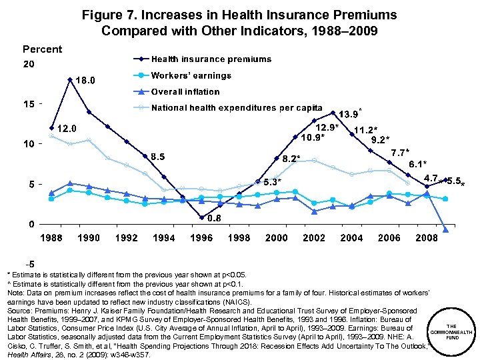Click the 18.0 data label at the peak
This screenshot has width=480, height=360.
(x=85, y=81)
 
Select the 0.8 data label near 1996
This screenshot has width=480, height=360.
(x=214, y=219)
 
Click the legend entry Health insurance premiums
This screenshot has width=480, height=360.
(x=211, y=59)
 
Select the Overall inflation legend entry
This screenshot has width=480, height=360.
(x=185, y=92)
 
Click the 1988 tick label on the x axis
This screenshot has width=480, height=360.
(x=51, y=238)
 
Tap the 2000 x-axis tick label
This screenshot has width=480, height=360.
(x=277, y=238)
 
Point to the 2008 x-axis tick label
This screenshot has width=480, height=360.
(x=427, y=238)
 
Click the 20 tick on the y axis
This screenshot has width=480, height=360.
(x=29, y=65)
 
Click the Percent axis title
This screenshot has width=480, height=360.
(x=42, y=49)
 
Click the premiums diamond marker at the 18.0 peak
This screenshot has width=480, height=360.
(x=70, y=80)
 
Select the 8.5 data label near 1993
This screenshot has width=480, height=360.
(x=158, y=157)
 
